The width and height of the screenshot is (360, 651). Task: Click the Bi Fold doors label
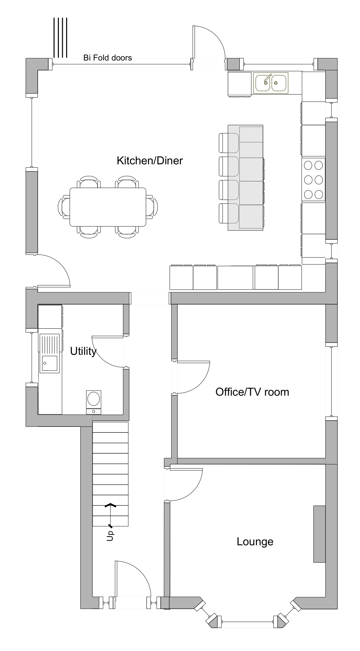(107, 58)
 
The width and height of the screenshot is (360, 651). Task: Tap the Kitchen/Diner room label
(149, 161)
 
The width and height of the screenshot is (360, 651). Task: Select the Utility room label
(83, 351)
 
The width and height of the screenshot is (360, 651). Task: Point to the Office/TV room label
(252, 392)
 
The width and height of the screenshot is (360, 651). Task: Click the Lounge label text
(255, 542)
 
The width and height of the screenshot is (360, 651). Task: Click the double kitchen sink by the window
(271, 83)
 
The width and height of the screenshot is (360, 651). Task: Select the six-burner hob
(313, 180)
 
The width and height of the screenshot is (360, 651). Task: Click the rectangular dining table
(108, 207)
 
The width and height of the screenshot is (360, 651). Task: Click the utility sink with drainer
(50, 353)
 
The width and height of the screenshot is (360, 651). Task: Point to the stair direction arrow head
(110, 505)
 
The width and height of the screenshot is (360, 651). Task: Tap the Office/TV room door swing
(193, 377)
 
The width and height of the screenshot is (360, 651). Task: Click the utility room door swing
(107, 352)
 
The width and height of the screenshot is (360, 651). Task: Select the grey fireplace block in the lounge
(319, 534)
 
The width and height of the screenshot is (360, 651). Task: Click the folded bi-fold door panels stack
(60, 38)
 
